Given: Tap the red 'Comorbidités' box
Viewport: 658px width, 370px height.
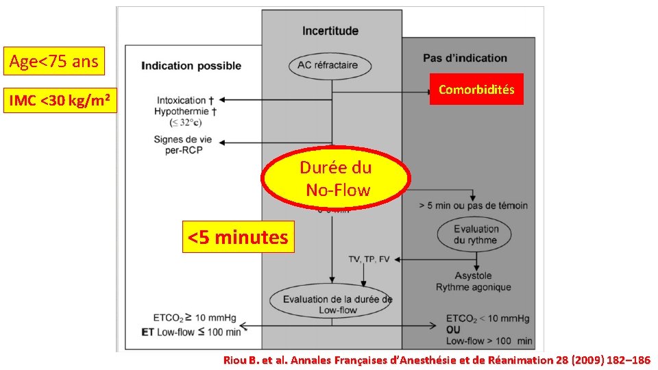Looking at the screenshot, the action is [476, 89].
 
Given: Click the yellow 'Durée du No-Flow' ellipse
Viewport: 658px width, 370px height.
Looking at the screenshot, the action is [337, 178].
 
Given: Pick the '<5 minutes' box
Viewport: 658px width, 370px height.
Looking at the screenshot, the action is [238, 237].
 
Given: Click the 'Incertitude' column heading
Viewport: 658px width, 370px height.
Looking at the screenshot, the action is [331, 31].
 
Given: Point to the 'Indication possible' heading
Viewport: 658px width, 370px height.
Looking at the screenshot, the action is [191, 66].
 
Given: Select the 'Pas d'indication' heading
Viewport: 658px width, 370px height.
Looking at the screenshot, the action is [465, 58].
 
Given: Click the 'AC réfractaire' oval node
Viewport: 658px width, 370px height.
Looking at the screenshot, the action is [332, 66].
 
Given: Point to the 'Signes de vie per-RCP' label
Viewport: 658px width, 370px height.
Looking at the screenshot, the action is [183, 145].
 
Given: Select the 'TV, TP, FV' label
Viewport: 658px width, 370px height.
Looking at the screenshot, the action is [369, 259].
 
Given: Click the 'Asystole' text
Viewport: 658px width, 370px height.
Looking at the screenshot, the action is [473, 275].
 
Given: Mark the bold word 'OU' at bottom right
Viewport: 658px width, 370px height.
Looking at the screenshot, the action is [454, 330].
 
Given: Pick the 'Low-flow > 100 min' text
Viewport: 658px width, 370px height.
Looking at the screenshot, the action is [489, 341].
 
